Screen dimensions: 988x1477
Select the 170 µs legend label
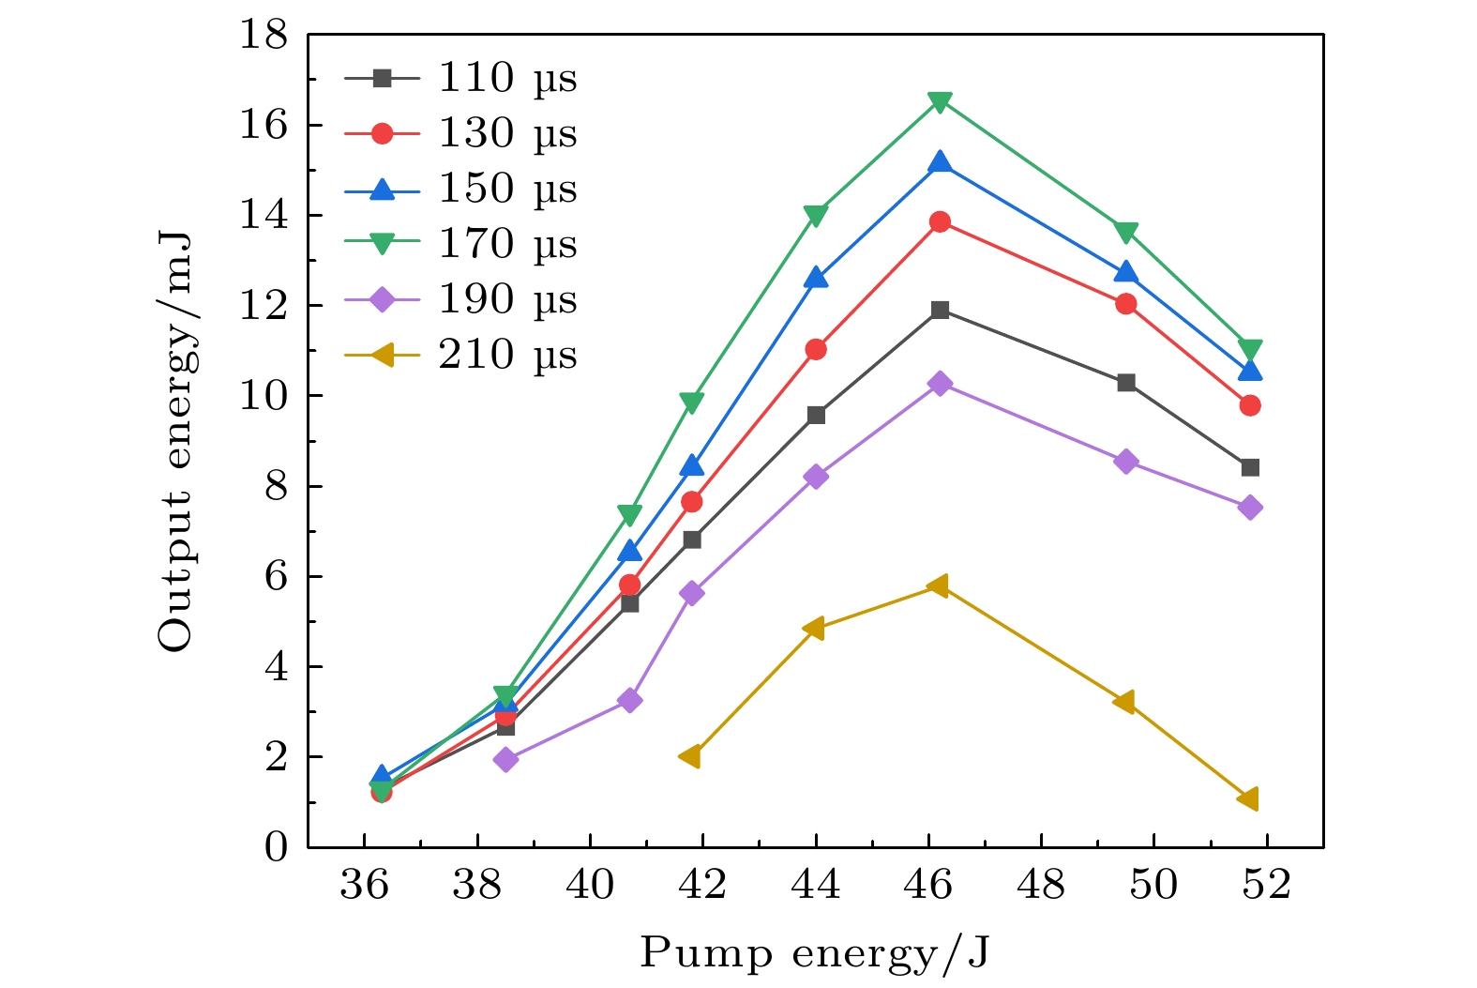pyautogui.click(x=507, y=244)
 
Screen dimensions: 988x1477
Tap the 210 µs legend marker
pyautogui.click(x=382, y=356)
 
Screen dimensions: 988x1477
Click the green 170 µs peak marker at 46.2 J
pyautogui.click(x=940, y=101)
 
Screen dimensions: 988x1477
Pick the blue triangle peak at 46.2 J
pyautogui.click(x=940, y=163)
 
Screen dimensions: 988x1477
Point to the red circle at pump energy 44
pyautogui.click(x=816, y=349)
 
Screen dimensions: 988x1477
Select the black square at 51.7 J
pyautogui.click(x=1249, y=467)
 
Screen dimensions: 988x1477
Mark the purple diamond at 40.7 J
pyautogui.click(x=629, y=700)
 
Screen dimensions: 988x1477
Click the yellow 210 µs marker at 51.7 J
pyautogui.click(x=1248, y=798)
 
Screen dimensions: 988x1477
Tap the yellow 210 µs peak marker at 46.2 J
pyautogui.click(x=939, y=585)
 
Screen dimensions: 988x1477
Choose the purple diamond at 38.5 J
pyautogui.click(x=505, y=759)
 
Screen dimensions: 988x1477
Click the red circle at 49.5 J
pyautogui.click(x=1126, y=304)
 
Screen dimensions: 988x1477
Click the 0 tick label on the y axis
pyautogui.click(x=276, y=847)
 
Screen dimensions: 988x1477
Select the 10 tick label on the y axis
pyautogui.click(x=264, y=396)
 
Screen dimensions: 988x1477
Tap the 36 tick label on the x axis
pyautogui.click(x=365, y=884)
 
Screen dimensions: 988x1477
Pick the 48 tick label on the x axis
pyautogui.click(x=1041, y=884)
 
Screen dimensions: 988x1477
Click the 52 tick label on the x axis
pyautogui.click(x=1267, y=884)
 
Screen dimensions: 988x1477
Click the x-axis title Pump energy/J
pyautogui.click(x=815, y=953)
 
